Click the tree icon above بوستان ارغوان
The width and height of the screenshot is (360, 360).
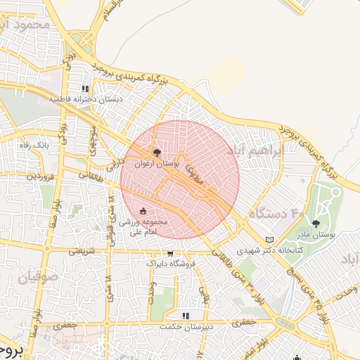(x=156, y=151)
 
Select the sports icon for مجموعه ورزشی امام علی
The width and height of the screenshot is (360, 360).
(x=143, y=211)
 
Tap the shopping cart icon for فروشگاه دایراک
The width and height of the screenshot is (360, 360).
(x=169, y=253)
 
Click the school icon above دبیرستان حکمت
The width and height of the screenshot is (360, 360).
(x=186, y=316)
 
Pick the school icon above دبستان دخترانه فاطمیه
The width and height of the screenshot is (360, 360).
(x=85, y=89)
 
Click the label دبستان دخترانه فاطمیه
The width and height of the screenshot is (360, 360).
(x=86, y=100)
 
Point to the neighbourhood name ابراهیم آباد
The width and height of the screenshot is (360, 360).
(x=255, y=150)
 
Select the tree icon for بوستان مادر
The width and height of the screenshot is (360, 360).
(x=314, y=223)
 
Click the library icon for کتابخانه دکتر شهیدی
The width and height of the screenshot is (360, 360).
(x=269, y=240)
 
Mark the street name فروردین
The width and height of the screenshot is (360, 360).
(x=40, y=176)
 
